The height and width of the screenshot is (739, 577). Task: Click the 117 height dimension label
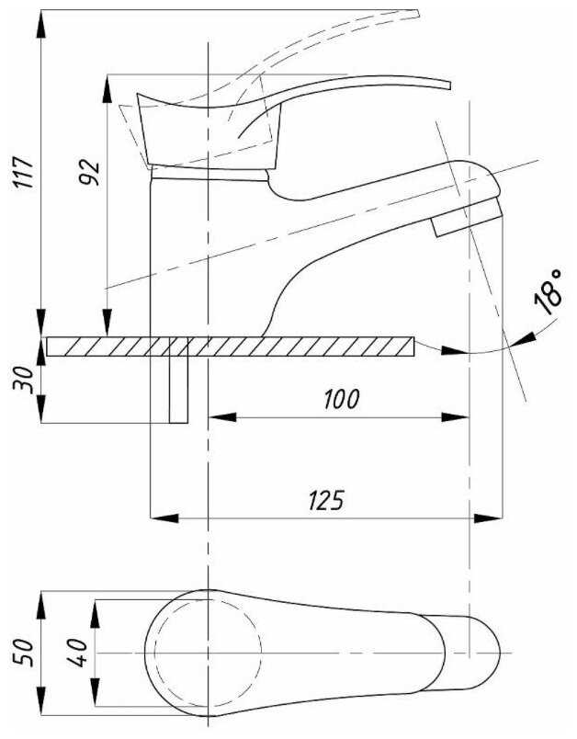coord(24,173)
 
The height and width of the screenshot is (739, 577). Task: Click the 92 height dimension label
coord(89,173)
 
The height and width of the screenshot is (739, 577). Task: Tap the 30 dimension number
coord(24,381)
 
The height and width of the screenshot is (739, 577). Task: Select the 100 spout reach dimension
coord(342,399)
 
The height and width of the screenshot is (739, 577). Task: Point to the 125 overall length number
coord(326,500)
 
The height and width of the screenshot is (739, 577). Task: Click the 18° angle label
coord(549,291)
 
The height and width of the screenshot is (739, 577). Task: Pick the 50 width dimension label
coord(24,653)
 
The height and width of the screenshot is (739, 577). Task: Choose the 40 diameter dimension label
coord(77,653)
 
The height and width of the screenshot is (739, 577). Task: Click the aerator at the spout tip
coord(467,217)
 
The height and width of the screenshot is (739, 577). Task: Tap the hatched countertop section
coord(231,347)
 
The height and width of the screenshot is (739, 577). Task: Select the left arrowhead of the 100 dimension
coord(221,417)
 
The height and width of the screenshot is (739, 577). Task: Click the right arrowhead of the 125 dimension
coord(489,518)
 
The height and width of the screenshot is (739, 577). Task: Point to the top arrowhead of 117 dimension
coord(42,24)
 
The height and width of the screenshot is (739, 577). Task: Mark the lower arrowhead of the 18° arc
coord(456,350)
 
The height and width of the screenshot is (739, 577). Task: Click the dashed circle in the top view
coord(208,653)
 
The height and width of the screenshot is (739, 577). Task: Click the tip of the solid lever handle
coord(450,85)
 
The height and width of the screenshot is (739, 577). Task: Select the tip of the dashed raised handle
coord(417,12)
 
